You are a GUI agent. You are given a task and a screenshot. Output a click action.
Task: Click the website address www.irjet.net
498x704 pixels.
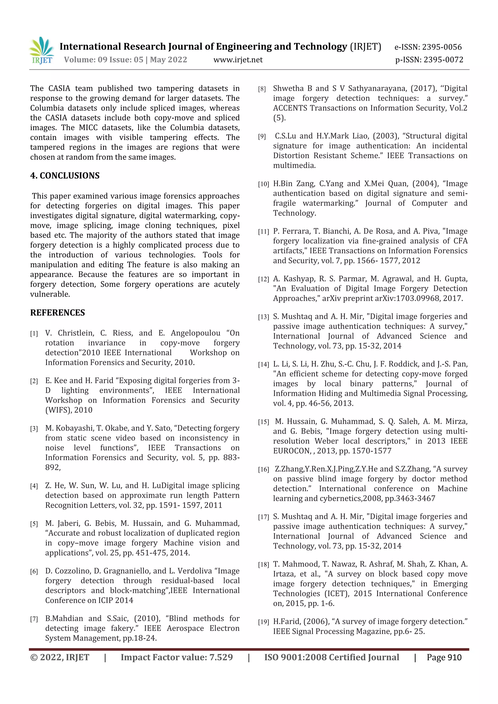(x=238, y=60)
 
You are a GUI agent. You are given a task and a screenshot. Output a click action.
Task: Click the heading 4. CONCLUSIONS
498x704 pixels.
(x=65, y=176)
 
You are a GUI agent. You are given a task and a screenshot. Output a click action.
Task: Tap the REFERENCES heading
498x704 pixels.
(x=57, y=313)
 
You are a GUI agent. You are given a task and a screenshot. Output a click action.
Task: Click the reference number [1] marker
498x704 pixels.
(x=34, y=334)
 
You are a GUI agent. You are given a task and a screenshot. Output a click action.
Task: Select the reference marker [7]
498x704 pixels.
(x=34, y=619)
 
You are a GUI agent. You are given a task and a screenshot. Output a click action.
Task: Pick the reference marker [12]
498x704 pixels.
(x=263, y=279)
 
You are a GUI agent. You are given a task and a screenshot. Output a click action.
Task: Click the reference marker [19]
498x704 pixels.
(x=263, y=622)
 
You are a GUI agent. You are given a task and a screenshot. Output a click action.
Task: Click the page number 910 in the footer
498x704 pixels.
(x=454, y=657)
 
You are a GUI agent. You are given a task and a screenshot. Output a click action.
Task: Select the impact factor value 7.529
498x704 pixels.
(x=221, y=657)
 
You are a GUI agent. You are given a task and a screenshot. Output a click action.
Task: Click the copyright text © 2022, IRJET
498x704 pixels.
(x=60, y=657)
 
